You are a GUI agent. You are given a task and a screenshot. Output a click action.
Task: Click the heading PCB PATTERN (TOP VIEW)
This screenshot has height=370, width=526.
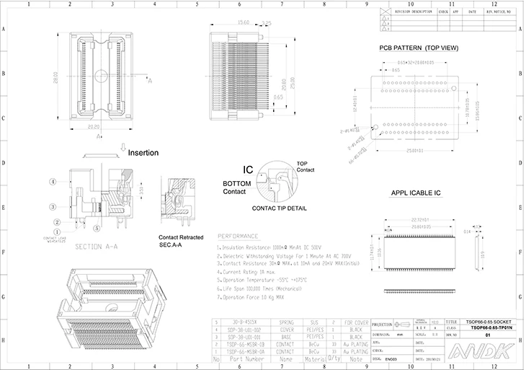pos(419,48)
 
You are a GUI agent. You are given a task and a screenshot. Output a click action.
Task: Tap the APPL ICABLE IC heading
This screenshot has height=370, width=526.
pos(416,193)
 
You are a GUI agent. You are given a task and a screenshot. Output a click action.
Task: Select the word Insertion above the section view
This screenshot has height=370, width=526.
pos(143,153)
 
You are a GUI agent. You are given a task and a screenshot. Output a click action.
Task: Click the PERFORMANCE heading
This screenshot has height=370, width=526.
pos(238,236)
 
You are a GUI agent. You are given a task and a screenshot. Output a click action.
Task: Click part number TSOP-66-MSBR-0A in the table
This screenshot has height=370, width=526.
pos(240,351)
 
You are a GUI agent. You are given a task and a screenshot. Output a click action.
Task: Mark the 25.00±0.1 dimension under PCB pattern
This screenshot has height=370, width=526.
pos(414,150)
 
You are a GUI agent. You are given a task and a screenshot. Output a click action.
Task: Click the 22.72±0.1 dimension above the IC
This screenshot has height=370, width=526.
pos(420,219)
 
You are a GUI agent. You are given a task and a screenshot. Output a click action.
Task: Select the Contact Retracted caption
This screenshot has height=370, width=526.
pos(181,237)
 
